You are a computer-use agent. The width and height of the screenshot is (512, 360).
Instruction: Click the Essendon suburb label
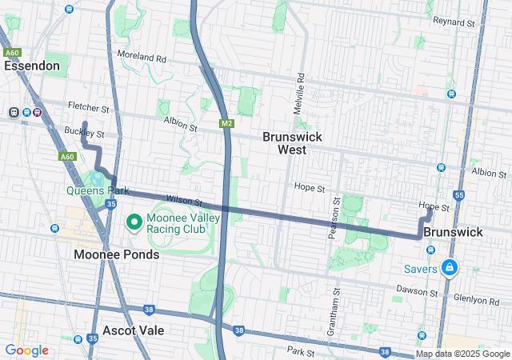click(x=32, y=66)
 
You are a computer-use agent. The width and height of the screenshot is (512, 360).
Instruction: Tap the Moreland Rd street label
click(x=141, y=58)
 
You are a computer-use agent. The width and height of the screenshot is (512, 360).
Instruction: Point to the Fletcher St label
click(x=88, y=107)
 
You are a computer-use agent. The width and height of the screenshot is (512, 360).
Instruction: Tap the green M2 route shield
click(x=226, y=123)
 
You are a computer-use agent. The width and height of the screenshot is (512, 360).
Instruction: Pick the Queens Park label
click(x=97, y=191)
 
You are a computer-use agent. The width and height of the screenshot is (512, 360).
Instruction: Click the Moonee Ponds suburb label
click(x=117, y=254)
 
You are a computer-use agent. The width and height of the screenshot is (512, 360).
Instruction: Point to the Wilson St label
click(x=184, y=200)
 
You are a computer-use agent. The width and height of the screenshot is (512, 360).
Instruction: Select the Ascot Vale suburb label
click(x=134, y=330)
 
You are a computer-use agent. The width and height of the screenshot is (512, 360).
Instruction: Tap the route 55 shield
click(x=458, y=194)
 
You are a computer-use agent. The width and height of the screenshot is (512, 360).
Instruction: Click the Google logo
click(x=27, y=350)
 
